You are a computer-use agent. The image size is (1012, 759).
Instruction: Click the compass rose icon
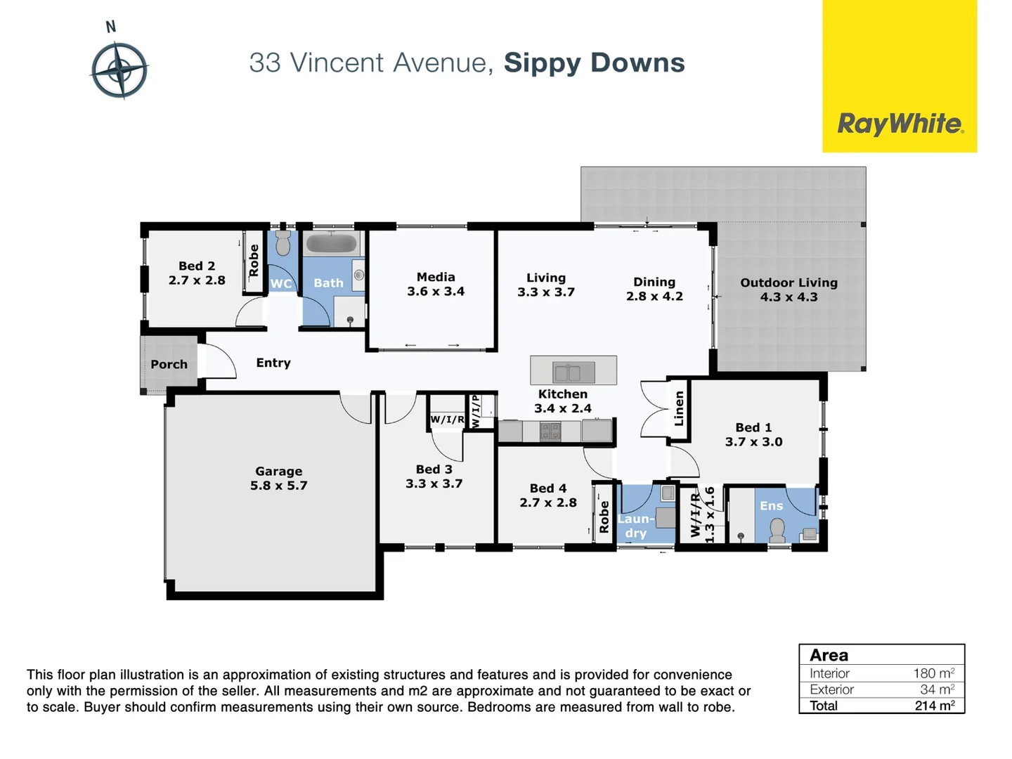119,70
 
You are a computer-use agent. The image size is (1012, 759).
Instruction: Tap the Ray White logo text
900,124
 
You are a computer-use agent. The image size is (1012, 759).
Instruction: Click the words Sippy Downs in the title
594,63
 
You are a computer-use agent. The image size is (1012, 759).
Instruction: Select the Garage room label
278,472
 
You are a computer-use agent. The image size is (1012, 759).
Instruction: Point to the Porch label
169,364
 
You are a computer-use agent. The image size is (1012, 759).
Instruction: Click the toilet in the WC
283,244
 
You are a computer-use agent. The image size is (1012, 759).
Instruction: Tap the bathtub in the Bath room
332,244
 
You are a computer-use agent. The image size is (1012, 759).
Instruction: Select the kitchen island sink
573,371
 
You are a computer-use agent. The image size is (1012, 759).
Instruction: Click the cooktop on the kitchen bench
550,431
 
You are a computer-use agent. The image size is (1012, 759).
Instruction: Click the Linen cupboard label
679,408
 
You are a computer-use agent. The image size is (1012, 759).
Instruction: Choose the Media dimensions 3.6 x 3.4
436,292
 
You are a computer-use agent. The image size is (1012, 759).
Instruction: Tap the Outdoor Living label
789,283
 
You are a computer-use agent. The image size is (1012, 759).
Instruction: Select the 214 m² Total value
934,706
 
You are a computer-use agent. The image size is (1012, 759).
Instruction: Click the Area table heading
829,655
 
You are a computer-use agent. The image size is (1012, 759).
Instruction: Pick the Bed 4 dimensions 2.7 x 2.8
548,502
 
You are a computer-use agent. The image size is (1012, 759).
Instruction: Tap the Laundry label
636,526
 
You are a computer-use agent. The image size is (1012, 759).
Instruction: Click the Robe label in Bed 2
254,261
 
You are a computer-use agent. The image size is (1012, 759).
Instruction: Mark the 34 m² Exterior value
937,689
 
